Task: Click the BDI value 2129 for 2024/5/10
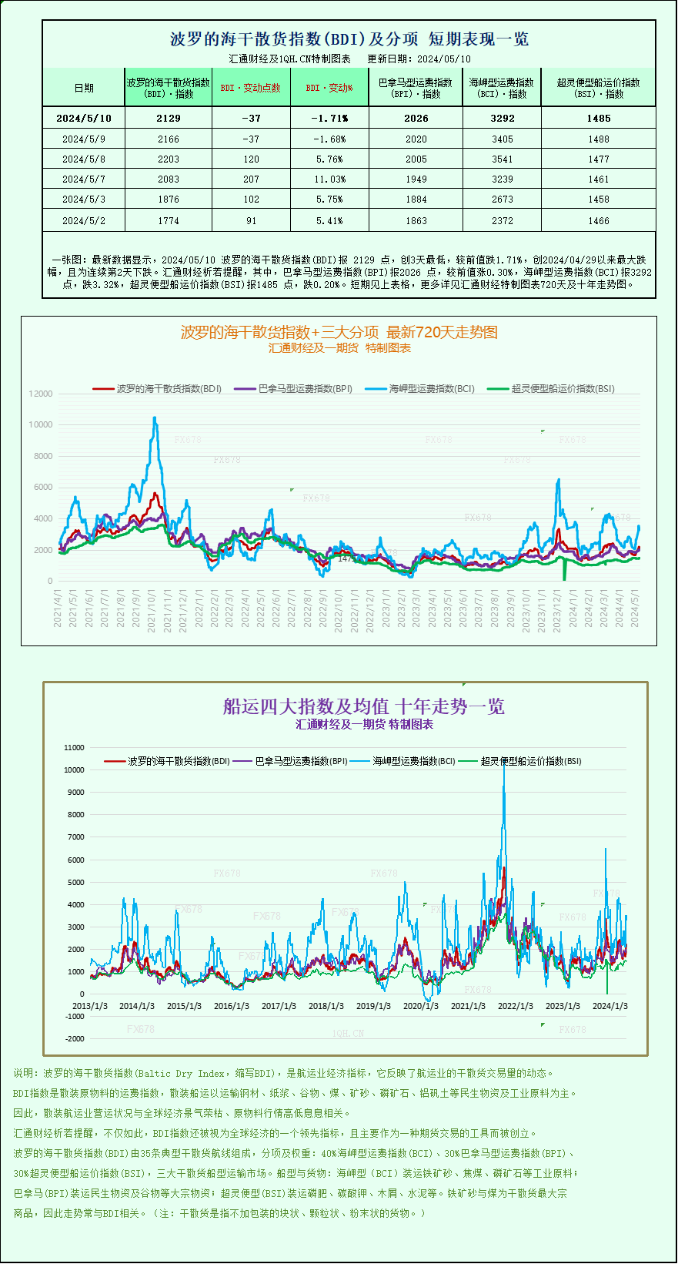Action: [x=168, y=118]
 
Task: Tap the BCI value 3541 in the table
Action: [x=502, y=159]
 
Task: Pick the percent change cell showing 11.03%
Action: [x=330, y=179]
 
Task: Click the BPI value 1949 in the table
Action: [x=416, y=179]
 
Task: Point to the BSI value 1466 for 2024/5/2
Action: [x=598, y=220]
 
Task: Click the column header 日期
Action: [x=84, y=88]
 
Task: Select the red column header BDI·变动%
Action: [x=329, y=88]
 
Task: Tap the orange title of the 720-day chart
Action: [x=339, y=332]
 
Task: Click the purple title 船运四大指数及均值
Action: [x=363, y=706]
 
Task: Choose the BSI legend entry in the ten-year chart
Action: [x=530, y=761]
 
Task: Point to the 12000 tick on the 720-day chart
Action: [x=41, y=394]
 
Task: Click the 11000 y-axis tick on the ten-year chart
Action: [x=74, y=747]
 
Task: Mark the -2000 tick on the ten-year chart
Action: [x=75, y=1038]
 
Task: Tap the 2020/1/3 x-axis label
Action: [x=421, y=1006]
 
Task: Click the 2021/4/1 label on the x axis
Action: [x=58, y=609]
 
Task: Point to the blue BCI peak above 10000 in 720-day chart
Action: [x=155, y=418]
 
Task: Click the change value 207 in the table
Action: [x=251, y=179]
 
